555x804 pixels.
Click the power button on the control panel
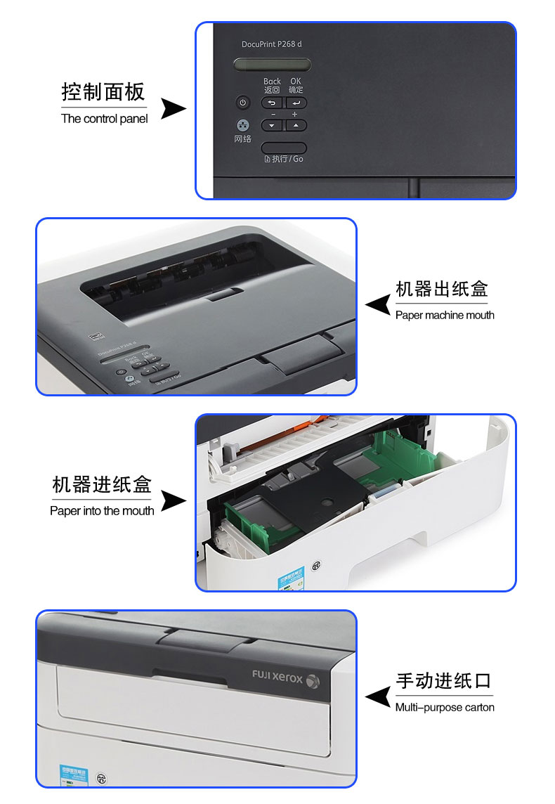[x=243, y=103]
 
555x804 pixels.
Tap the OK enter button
[x=296, y=103]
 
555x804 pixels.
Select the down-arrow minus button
[x=272, y=125]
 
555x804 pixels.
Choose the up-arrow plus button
[x=296, y=125]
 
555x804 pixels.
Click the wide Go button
[x=284, y=148]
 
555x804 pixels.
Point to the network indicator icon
[x=243, y=125]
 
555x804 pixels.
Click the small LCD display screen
[x=272, y=65]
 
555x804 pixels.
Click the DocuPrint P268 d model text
[x=272, y=44]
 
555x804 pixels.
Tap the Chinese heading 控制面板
[x=103, y=92]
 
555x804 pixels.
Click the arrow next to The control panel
[x=173, y=109]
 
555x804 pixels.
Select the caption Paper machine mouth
[x=445, y=316]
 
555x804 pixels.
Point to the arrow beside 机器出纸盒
[x=379, y=304]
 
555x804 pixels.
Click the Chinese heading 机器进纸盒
[x=102, y=485]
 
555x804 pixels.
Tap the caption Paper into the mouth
[x=102, y=511]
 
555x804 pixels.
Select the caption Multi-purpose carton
[x=445, y=708]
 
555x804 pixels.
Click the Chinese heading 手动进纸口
[x=443, y=681]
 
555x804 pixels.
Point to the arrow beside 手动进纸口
[x=379, y=696]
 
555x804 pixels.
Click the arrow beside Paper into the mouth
[x=173, y=500]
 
